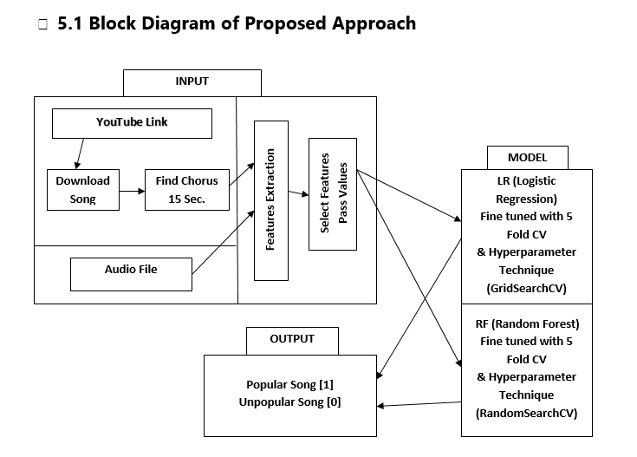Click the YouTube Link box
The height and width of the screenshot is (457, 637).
pyautogui.click(x=132, y=123)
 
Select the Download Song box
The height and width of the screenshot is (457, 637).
pyautogui.click(x=82, y=190)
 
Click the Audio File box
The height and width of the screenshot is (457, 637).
pyautogui.click(x=130, y=271)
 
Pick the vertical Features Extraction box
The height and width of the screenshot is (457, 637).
pyautogui.click(x=270, y=200)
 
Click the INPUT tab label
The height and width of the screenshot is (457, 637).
pyautogui.click(x=192, y=82)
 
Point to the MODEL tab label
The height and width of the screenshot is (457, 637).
pyautogui.click(x=527, y=158)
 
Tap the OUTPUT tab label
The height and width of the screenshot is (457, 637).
pyautogui.click(x=292, y=339)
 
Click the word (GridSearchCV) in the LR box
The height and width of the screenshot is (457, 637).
pyautogui.click(x=526, y=287)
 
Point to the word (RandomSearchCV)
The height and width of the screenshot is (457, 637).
pyautogui.click(x=526, y=413)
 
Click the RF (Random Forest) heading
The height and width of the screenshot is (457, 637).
pyautogui.click(x=527, y=323)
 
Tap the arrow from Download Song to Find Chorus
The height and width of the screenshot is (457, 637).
pyautogui.click(x=131, y=190)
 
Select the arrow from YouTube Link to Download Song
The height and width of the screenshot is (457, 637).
pyautogui.click(x=79, y=153)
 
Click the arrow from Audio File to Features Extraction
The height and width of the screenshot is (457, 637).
pyautogui.click(x=223, y=246)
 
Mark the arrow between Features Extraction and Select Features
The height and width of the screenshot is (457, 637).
pyautogui.click(x=298, y=194)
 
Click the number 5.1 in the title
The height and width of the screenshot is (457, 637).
pyautogui.click(x=70, y=23)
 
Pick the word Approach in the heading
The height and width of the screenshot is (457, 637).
pyautogui.click(x=374, y=23)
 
